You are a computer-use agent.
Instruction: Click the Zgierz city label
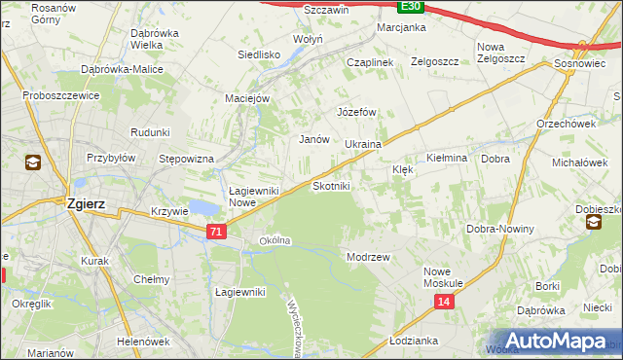coord(86,205)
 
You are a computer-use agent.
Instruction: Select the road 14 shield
coord(444,303)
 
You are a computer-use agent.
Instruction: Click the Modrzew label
coord(368,257)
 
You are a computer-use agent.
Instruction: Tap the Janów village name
coord(312,139)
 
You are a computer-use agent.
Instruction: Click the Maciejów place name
coord(247,97)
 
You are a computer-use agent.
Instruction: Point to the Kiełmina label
coord(448,157)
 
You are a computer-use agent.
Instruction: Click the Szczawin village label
coord(299,9)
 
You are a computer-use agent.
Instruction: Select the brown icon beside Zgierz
coord(33,162)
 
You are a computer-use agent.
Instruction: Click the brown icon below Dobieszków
coord(593,224)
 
